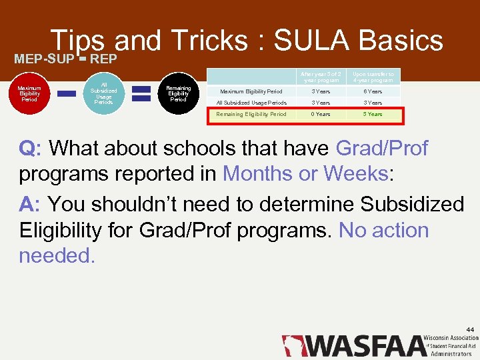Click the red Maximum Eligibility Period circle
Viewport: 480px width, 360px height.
(29, 94)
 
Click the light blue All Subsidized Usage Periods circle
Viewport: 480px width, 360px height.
(103, 94)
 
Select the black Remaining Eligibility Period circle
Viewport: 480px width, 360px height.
(178, 94)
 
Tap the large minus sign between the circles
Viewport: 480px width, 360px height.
(66, 95)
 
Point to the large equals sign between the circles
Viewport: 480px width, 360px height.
(141, 93)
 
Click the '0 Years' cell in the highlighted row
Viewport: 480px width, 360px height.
(321, 114)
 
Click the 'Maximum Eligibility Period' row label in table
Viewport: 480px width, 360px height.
(251, 91)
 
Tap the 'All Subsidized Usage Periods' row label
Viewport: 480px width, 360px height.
(251, 103)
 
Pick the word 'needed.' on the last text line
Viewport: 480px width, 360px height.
(57, 255)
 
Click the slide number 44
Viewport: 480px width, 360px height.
(470, 329)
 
